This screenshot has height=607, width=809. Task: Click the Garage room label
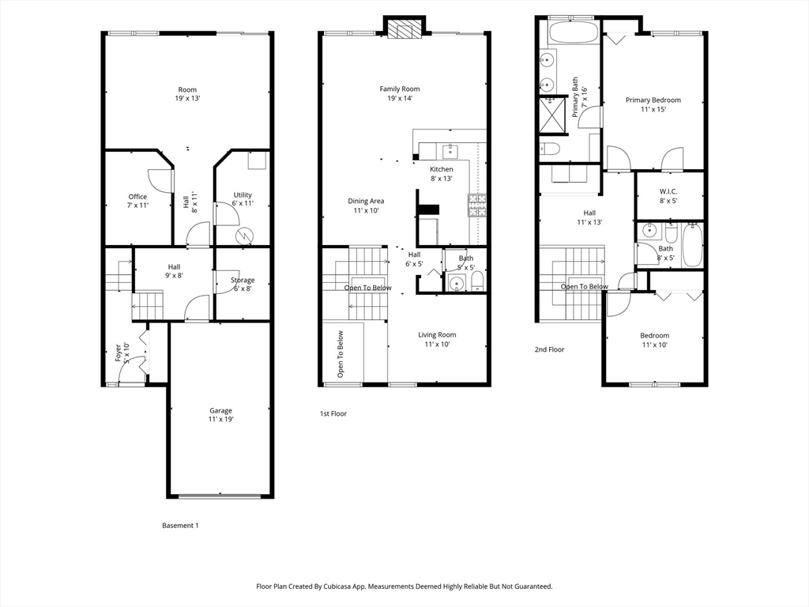(221, 415)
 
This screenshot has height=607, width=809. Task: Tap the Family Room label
(400, 93)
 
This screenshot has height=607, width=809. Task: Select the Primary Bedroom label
(653, 105)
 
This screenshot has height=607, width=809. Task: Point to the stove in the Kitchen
(477, 205)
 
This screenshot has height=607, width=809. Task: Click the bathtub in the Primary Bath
(574, 32)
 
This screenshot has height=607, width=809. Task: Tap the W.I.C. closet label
(668, 196)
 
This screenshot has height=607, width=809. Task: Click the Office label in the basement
(137, 201)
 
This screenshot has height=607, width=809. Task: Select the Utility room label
(243, 198)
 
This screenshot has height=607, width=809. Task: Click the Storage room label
(243, 285)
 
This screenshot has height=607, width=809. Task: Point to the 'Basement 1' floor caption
(181, 526)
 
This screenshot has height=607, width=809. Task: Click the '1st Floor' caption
(333, 413)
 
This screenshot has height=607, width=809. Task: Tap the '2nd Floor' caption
(550, 349)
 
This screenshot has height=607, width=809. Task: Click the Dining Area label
(366, 205)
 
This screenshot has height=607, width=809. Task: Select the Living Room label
(437, 339)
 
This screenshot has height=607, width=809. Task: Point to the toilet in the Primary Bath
(550, 149)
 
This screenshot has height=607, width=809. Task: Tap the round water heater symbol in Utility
(243, 236)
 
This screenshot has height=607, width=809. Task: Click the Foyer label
(122, 353)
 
